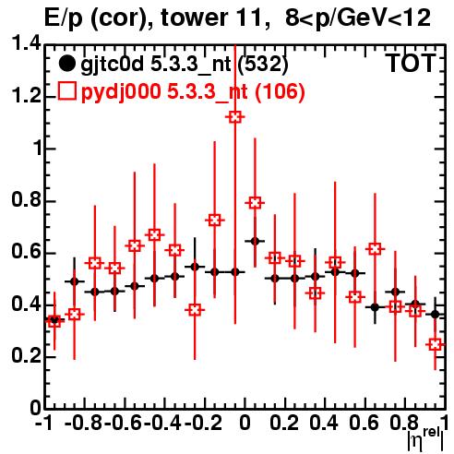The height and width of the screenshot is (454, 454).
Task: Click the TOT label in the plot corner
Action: tap(411, 63)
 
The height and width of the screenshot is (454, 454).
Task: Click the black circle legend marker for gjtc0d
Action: tap(66, 64)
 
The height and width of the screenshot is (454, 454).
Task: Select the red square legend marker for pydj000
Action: tap(66, 91)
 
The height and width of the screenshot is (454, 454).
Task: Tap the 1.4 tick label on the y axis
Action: tap(26, 43)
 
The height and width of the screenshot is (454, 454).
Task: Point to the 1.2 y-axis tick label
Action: tap(26, 96)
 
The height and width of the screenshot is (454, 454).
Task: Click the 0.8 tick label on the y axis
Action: tap(26, 199)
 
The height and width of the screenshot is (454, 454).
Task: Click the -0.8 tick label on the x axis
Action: tap(83, 423)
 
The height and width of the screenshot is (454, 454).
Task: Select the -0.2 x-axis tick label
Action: tap(203, 423)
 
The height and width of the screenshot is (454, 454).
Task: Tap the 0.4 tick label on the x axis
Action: tap(323, 423)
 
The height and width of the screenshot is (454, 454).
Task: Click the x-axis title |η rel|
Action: tap(426, 439)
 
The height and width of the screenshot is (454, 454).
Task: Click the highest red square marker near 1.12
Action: tap(235, 117)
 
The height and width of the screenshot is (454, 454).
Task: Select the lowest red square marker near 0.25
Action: tap(435, 344)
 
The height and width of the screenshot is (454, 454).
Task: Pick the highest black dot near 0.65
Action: tap(255, 241)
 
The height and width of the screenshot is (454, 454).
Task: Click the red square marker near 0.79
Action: tap(255, 203)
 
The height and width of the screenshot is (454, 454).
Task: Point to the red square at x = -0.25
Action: tap(195, 310)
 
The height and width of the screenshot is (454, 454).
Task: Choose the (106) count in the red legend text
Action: tap(280, 91)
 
